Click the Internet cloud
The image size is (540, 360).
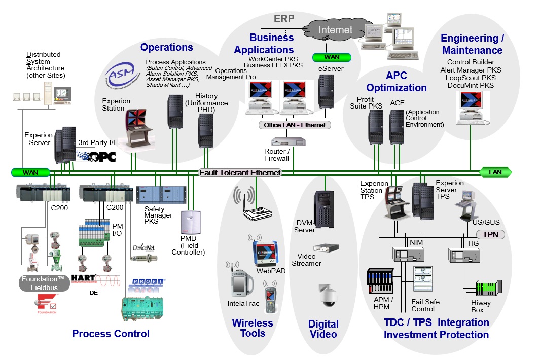335,30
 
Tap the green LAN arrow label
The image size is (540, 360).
495,172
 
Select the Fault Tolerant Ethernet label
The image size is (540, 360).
240,173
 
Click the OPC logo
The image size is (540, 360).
96,156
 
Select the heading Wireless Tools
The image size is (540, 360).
253,328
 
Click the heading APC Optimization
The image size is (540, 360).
396,82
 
